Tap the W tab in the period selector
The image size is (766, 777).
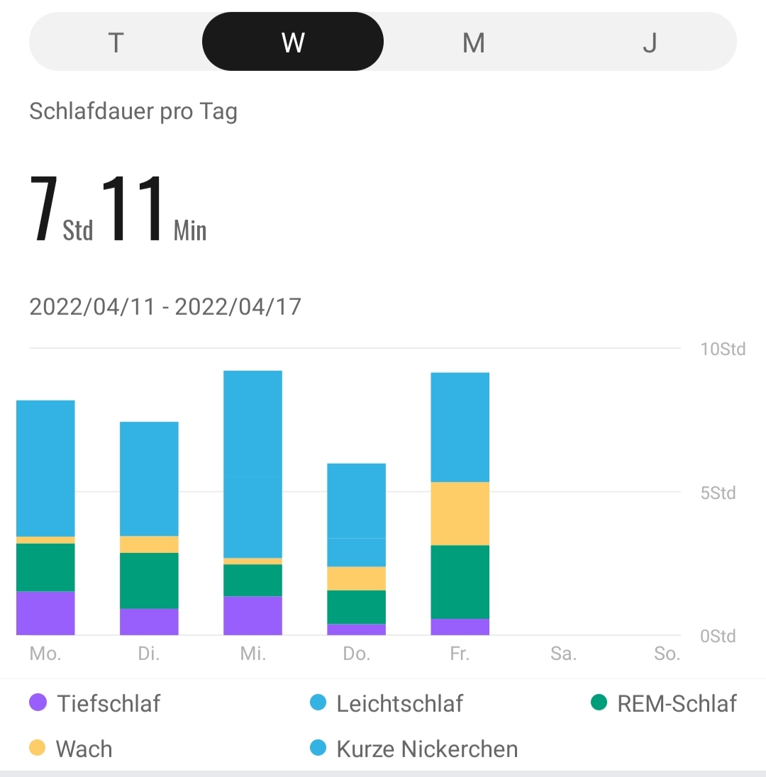coord(293,43)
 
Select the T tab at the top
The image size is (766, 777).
coord(116,43)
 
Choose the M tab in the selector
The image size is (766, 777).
coord(473,43)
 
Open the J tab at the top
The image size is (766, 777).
coord(649,43)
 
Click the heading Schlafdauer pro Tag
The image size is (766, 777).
coord(133,112)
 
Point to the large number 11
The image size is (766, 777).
coord(133,210)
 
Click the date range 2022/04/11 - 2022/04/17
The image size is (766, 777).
coord(165,307)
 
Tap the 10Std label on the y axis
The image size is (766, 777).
coord(723,349)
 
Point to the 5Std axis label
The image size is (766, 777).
coord(718,493)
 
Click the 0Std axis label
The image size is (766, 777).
coord(718,636)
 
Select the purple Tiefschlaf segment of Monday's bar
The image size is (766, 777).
coord(45,613)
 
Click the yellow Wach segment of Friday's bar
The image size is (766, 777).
coord(460,513)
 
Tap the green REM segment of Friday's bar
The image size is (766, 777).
coord(460,581)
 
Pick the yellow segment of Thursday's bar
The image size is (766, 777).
coord(356,578)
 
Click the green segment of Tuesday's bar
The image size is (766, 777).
coord(149,581)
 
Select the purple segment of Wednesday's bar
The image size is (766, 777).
coord(252,615)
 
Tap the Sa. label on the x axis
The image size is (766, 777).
coord(563,654)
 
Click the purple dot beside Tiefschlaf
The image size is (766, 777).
coord(38,703)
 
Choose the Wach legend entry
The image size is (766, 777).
coord(84,749)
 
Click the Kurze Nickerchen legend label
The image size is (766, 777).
coord(427,749)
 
